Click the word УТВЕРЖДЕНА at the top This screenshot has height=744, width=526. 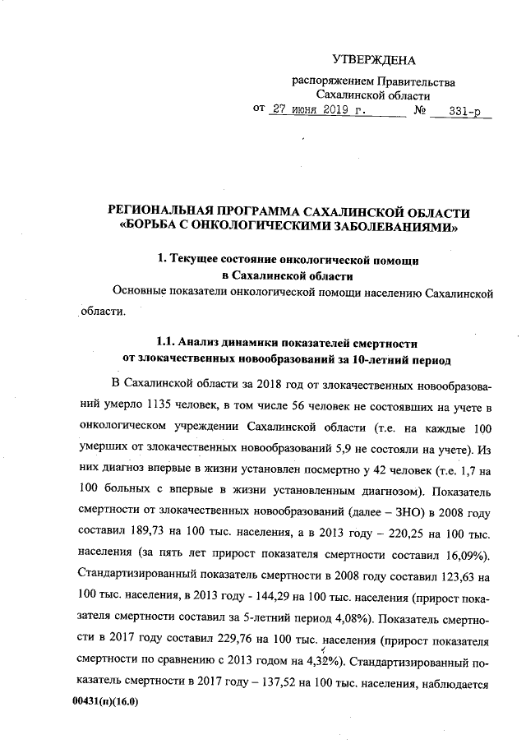coord(374,59)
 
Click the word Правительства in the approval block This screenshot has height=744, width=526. coord(416,81)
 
